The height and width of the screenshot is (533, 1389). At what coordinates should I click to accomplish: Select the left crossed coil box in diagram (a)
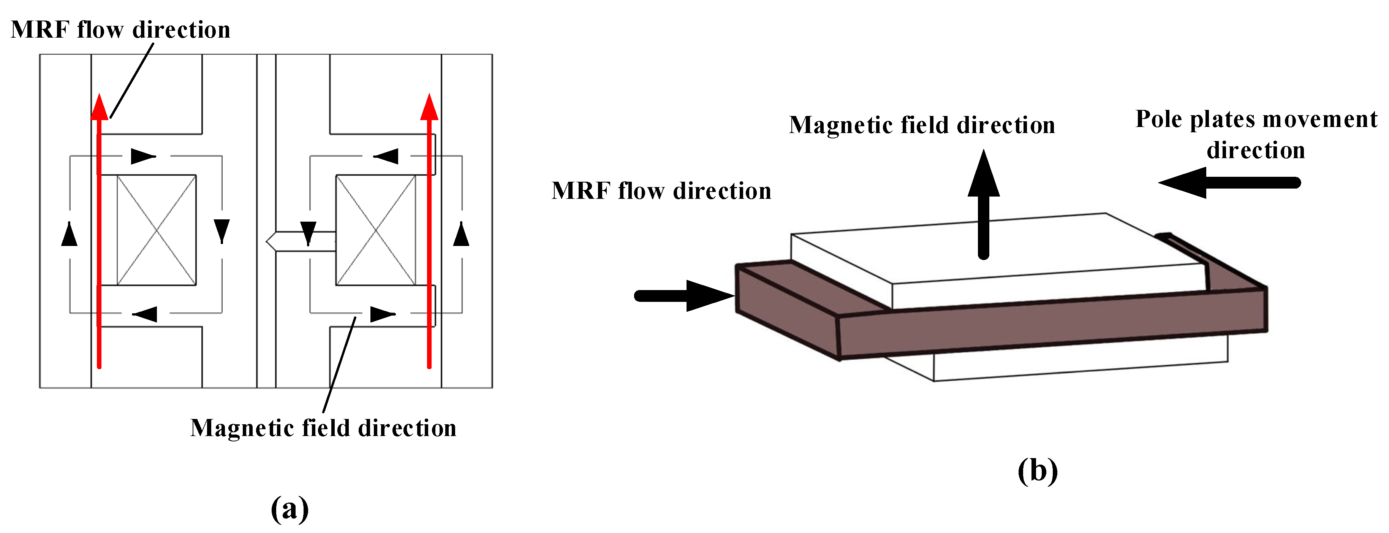click(157, 230)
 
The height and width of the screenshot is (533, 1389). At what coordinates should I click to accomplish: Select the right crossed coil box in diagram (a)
click(376, 230)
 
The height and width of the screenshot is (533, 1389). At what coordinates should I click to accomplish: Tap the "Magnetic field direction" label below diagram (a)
click(323, 428)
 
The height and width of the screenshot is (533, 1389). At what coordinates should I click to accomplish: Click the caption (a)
click(290, 508)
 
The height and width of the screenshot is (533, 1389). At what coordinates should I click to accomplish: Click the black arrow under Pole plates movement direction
click(1229, 183)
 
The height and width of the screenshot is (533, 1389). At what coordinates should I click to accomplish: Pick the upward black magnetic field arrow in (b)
click(984, 205)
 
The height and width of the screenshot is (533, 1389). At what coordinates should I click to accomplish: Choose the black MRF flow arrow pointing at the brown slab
click(685, 296)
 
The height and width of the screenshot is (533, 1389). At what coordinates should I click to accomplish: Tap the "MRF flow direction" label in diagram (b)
click(661, 191)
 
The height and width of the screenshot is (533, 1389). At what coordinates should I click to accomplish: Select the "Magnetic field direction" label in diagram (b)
click(922, 125)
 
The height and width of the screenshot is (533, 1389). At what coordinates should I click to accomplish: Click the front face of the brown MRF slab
click(1052, 324)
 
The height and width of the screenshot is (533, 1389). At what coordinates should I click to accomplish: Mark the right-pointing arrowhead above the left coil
click(143, 157)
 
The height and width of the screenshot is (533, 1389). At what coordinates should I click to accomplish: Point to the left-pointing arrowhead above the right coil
click(386, 157)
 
